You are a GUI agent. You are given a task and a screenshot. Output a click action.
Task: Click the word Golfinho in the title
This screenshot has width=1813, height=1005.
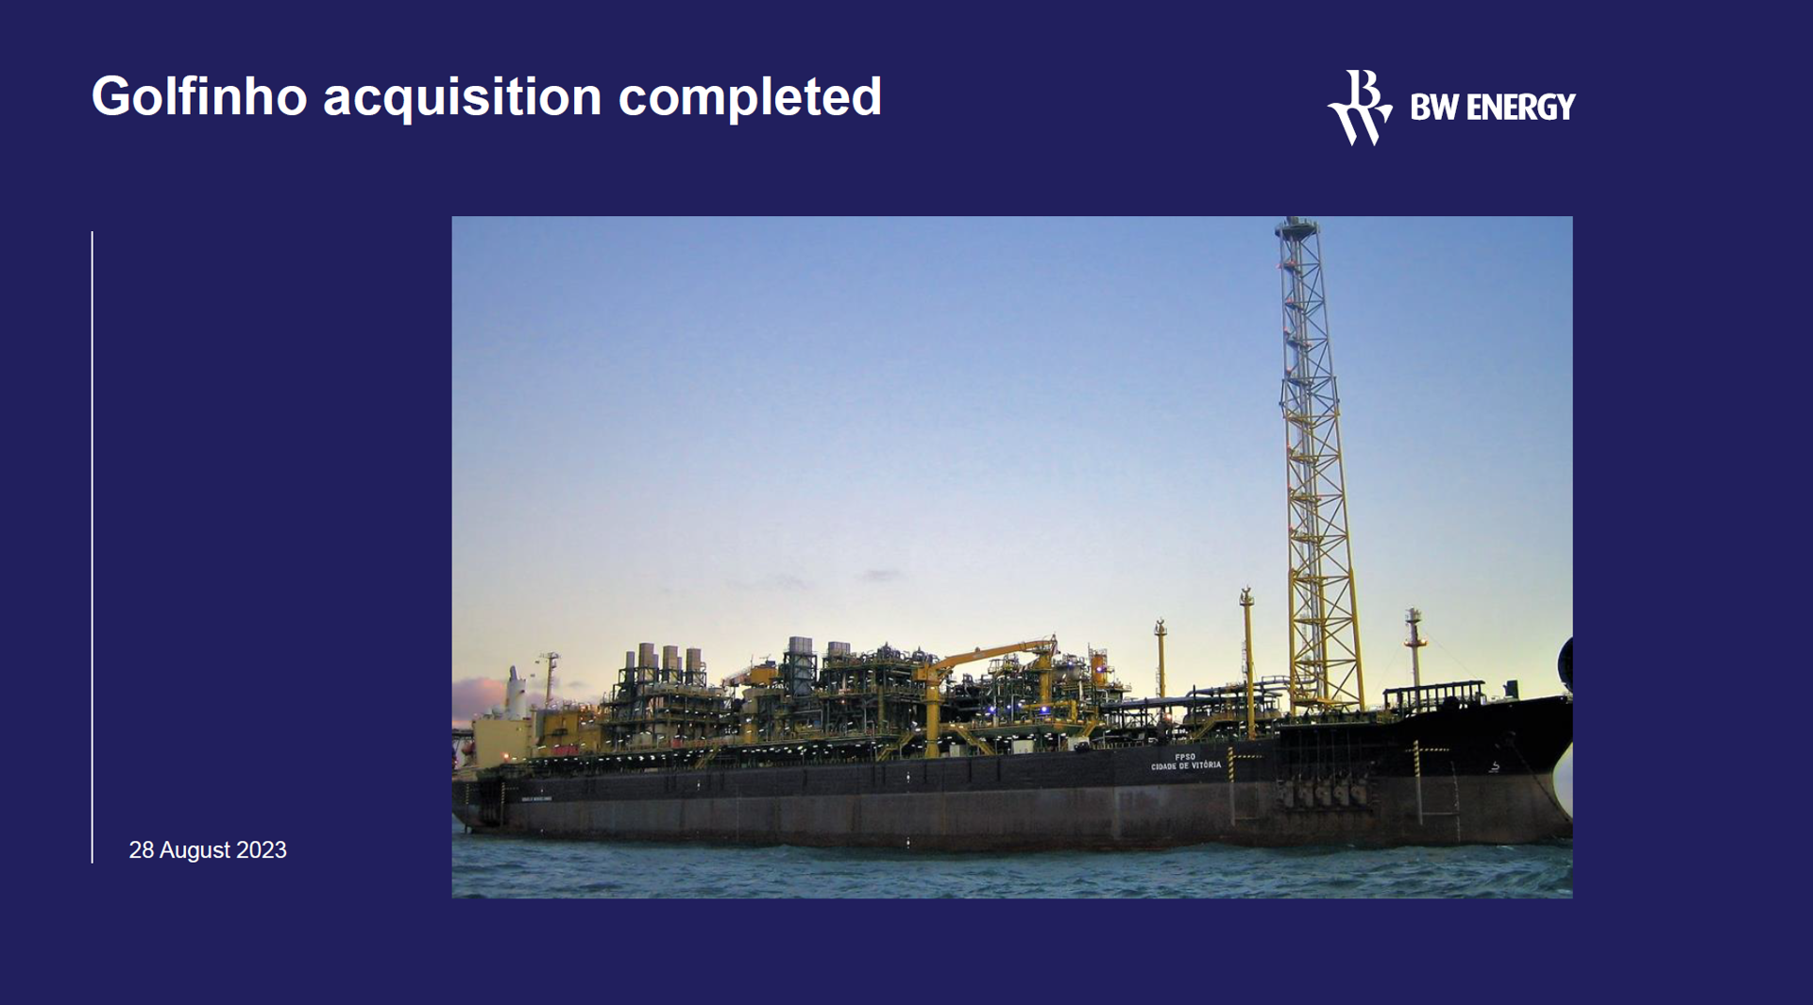point(199,96)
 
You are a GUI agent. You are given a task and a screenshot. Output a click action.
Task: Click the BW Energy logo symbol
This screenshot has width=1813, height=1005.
point(1360,107)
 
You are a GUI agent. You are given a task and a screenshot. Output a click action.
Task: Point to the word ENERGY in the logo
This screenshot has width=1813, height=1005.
point(1520,108)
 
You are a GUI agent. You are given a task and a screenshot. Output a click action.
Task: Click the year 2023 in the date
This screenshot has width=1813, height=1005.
point(262,850)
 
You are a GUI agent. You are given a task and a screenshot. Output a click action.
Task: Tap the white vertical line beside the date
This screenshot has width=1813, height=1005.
point(93,547)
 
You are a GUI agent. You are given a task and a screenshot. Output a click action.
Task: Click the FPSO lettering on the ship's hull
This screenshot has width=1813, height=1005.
point(1185,757)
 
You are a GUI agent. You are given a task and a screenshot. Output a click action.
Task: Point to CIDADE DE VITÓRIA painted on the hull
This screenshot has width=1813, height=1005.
point(1186,766)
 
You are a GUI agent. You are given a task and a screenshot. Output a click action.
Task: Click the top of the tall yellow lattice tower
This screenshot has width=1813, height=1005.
point(1296,226)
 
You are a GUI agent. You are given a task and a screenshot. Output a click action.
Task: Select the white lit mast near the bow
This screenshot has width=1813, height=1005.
point(1414,647)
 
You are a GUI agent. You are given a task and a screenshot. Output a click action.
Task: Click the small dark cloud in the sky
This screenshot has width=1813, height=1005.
point(881,574)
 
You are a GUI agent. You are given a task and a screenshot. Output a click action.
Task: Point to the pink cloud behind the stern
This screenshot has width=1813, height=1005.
point(478,697)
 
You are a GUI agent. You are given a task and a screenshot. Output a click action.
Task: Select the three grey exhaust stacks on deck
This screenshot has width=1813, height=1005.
point(669,657)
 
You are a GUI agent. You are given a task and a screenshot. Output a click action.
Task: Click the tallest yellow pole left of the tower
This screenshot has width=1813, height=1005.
point(1247,661)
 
